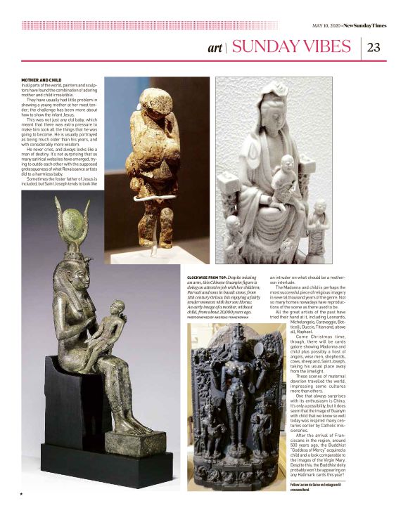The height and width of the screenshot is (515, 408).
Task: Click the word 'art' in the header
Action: [215, 48]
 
